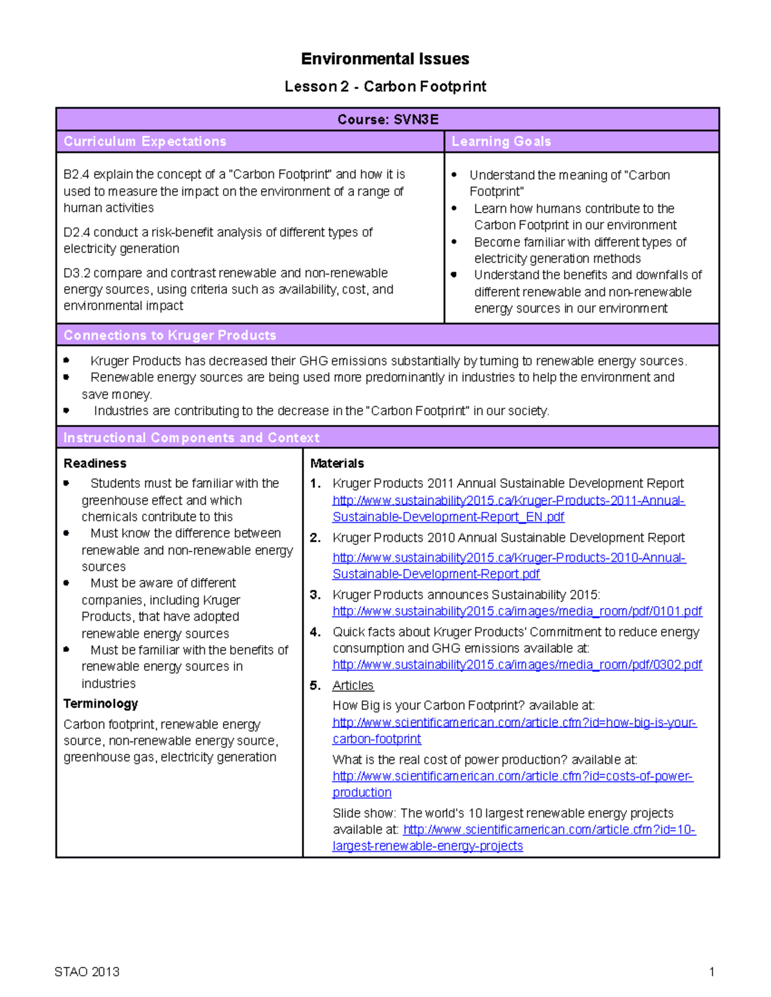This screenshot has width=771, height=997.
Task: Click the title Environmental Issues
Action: (x=385, y=59)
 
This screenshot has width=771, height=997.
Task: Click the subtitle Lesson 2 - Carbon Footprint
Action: (x=385, y=87)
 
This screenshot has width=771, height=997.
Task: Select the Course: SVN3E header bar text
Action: (x=387, y=119)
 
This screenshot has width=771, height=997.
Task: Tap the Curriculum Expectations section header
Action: (x=145, y=141)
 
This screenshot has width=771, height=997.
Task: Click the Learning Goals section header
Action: (x=501, y=141)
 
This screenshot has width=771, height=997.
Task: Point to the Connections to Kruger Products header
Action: (x=170, y=335)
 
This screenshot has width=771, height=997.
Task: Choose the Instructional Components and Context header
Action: (x=191, y=438)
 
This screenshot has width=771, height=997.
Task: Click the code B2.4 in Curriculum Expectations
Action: (x=76, y=175)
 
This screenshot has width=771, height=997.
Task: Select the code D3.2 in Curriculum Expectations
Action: (x=76, y=273)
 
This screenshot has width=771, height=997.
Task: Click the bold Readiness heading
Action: (x=94, y=464)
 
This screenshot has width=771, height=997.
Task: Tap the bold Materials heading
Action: (x=337, y=464)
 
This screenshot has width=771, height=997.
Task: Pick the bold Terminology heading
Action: (x=100, y=704)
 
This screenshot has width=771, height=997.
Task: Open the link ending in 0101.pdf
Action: (x=517, y=611)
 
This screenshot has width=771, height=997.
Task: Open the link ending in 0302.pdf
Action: (x=517, y=664)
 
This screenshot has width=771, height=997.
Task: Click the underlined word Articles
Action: (x=353, y=686)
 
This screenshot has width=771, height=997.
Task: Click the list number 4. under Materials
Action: (x=315, y=632)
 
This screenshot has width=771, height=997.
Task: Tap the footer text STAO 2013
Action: (x=87, y=971)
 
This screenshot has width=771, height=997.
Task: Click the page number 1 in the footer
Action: (x=711, y=971)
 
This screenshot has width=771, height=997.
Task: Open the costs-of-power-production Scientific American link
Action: (x=512, y=777)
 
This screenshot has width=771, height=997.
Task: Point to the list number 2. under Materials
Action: (x=315, y=538)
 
